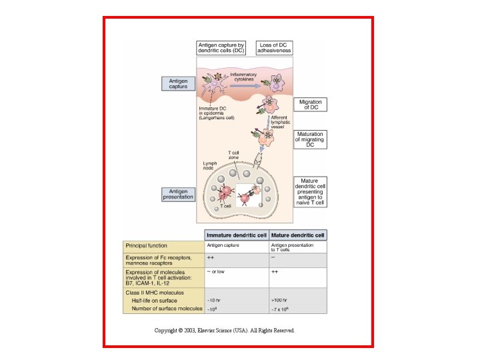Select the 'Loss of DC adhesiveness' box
[x=275, y=48]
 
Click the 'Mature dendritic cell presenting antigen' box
[x=310, y=191]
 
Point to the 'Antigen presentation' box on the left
[x=179, y=194]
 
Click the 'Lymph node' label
[x=210, y=165]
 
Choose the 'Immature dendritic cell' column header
[x=236, y=235]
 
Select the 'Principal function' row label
[x=149, y=245]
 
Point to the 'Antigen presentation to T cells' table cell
[x=291, y=247]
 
